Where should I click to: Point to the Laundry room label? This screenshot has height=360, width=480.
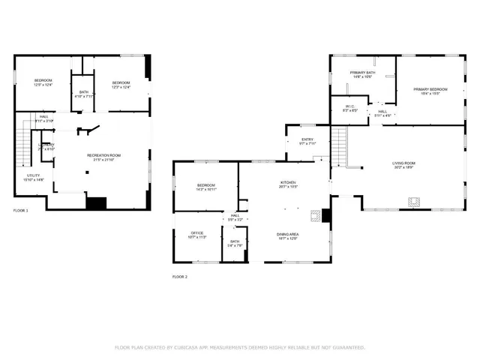46,146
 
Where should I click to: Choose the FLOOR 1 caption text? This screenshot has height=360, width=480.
20,211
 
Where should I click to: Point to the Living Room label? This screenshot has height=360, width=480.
403,165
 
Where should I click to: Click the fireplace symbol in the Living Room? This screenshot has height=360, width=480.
412,200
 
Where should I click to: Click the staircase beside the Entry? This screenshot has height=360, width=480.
339,142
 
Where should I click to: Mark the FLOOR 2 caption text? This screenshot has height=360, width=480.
180,277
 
